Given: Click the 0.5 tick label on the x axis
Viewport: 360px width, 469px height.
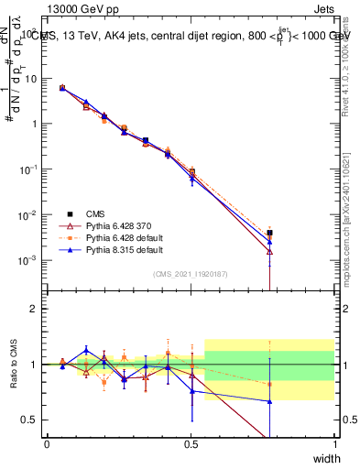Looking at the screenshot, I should [x=191, y=444].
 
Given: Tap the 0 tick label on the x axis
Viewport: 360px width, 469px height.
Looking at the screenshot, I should [x=47, y=444].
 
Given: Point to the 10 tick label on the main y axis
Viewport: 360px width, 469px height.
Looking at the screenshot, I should [x=32, y=79].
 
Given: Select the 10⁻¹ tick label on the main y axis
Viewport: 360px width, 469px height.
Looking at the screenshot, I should [x=29, y=169].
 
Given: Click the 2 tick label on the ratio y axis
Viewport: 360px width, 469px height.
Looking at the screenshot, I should [x=37, y=310].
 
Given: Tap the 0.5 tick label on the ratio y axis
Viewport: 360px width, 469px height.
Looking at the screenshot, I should [x=32, y=420].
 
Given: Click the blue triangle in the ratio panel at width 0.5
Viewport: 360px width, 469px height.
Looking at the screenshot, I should [x=191, y=391].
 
